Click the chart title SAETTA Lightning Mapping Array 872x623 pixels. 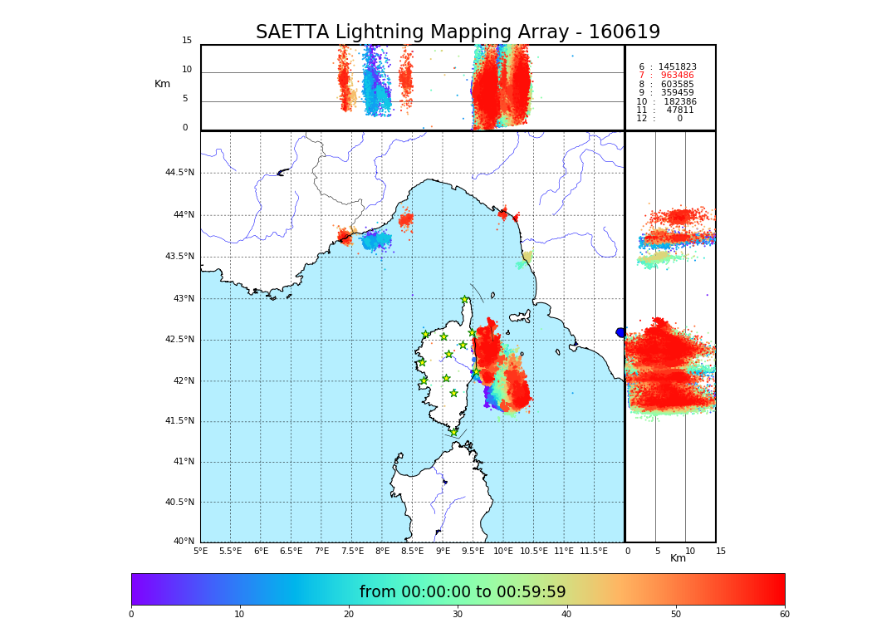point(458,32)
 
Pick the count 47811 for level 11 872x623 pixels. point(680,110)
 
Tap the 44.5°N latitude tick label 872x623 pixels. point(179,173)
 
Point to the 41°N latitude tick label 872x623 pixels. point(183,462)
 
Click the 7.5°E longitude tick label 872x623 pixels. point(352,551)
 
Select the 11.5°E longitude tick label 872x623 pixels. point(594,551)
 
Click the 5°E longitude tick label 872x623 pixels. point(201,551)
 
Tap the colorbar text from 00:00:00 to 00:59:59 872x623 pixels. point(463,592)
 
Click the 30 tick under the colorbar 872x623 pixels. point(458,615)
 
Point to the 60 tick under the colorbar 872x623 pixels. point(784,615)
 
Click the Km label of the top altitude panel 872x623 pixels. point(162,84)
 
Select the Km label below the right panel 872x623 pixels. point(678,558)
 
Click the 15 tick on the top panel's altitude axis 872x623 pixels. point(187,41)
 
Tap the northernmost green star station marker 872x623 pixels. point(465,300)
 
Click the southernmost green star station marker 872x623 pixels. point(453,432)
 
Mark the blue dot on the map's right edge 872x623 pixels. point(620,332)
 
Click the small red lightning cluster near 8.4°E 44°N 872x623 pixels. point(405,220)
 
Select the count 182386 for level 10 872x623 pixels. point(678,101)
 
